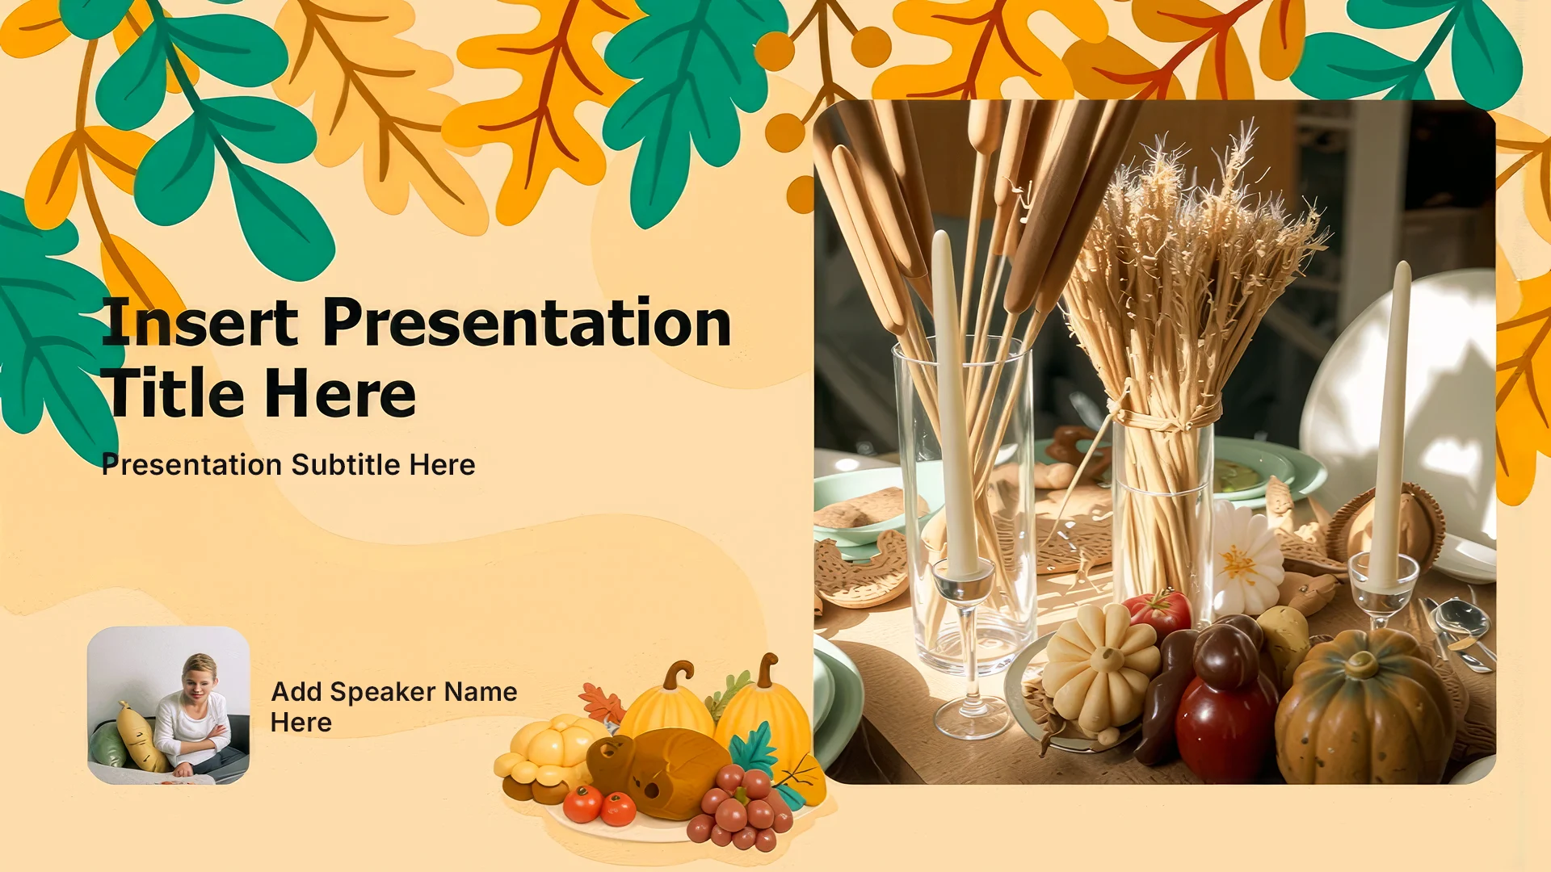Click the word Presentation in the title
527,323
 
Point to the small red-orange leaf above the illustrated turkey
602,702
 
